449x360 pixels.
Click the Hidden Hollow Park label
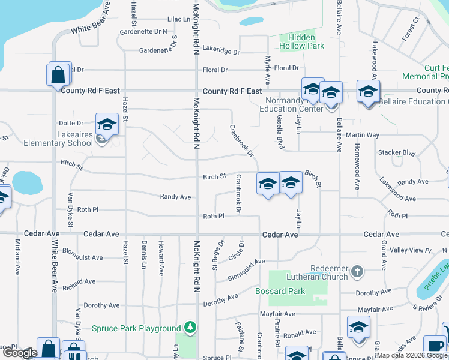(x=301, y=41)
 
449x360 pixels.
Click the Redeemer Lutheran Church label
(x=330, y=272)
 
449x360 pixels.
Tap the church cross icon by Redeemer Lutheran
(x=357, y=271)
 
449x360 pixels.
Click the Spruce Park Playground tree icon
(x=190, y=328)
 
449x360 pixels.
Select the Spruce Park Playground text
(x=136, y=328)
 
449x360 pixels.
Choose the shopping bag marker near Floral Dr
(x=58, y=75)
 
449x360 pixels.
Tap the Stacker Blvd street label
(x=397, y=152)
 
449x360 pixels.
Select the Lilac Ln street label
(x=178, y=19)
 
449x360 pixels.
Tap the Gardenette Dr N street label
(x=143, y=31)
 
